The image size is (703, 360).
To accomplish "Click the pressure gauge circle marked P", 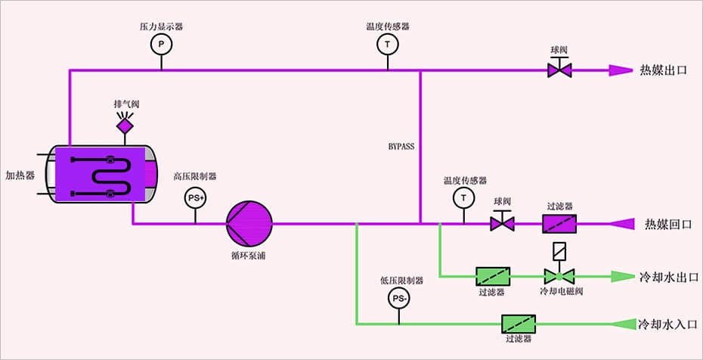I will pos(160,45).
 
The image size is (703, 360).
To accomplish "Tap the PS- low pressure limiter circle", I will pos(399,299).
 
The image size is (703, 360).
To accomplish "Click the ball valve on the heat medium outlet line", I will pos(559,70).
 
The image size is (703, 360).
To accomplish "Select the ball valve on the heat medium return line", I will pos(503,224).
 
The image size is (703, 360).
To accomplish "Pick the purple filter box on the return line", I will pos(559,224).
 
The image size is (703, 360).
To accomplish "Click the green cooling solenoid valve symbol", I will pos(559,276).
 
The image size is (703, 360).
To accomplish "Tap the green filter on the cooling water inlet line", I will pos(519,324).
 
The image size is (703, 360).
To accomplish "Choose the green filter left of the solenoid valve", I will pos(491,276).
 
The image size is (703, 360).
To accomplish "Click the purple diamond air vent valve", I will pos(125,124).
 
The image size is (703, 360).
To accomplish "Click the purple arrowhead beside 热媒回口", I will pos(621,224).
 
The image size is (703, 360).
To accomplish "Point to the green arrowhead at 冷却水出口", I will pos(621,276).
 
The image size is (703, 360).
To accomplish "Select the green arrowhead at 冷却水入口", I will pos(621,324).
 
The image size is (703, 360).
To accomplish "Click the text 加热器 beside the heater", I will pos(20,175).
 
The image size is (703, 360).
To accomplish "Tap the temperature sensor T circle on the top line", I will pos(388,45).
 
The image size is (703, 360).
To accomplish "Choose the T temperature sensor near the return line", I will pos(462,197).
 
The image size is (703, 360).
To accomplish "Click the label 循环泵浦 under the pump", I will pos(249,256).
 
